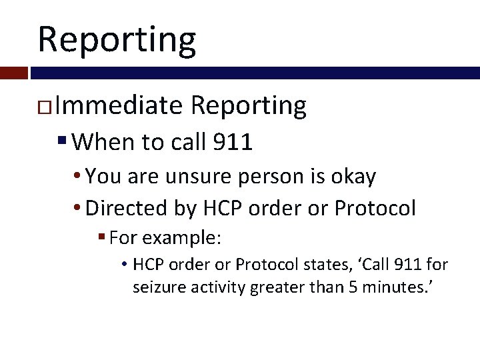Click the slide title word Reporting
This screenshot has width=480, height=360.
click(x=117, y=39)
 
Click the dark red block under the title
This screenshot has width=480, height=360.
click(x=13, y=72)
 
